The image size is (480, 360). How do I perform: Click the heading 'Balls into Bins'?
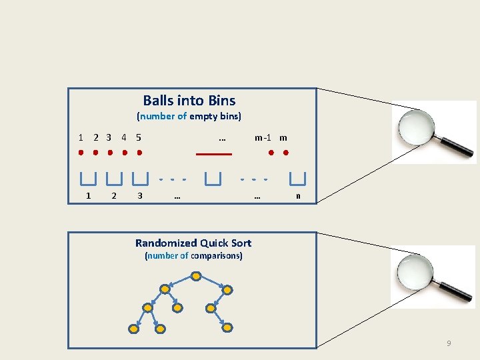click(x=189, y=101)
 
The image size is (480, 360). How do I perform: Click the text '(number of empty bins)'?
click(x=189, y=116)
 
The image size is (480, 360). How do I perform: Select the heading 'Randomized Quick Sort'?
click(x=193, y=243)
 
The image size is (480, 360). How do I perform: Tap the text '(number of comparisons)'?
click(x=193, y=256)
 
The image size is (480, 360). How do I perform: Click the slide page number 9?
click(x=449, y=343)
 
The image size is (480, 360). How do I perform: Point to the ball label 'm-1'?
click(x=263, y=138)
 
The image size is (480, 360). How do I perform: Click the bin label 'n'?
click(x=298, y=196)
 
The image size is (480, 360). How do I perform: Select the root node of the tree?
click(x=196, y=275)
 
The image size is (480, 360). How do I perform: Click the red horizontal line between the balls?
click(x=213, y=154)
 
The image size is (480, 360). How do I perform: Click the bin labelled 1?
click(x=88, y=179)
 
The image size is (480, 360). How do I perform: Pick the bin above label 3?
click(x=140, y=179)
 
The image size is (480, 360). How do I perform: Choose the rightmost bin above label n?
click(x=297, y=179)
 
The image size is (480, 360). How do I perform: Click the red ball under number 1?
click(x=80, y=153)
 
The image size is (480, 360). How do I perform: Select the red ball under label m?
click(x=285, y=153)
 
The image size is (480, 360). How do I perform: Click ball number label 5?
click(x=138, y=138)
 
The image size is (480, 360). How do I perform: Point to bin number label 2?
click(x=114, y=196)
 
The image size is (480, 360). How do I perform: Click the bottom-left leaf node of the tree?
click(x=133, y=329)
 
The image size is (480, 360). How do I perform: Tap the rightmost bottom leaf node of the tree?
click(x=227, y=329)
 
